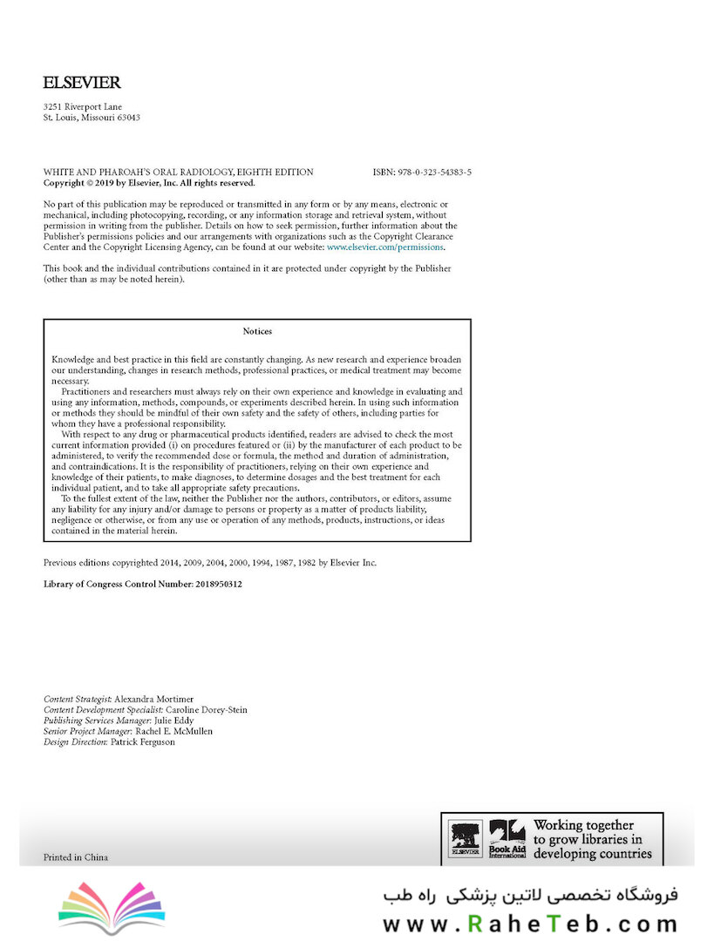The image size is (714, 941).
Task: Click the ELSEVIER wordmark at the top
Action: point(82,84)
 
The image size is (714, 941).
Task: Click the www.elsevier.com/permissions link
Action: point(384,247)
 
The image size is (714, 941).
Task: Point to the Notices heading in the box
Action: point(257,331)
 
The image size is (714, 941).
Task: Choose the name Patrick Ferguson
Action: point(142,741)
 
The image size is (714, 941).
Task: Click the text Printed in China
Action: point(76,857)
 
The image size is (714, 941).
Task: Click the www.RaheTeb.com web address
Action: point(529,923)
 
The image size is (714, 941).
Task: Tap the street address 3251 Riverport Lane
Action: point(83,107)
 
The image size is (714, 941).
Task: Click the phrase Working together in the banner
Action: point(583,824)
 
